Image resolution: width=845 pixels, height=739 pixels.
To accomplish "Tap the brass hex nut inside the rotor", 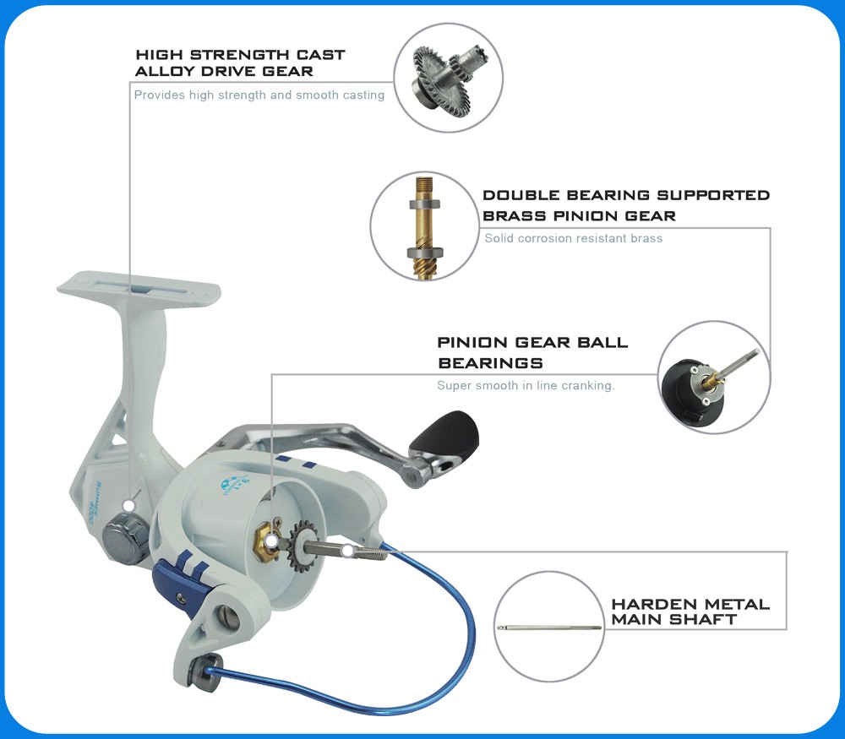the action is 264,542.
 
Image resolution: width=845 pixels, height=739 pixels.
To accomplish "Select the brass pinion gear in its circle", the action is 425,226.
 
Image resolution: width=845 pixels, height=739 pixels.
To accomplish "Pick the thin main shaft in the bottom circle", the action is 549,628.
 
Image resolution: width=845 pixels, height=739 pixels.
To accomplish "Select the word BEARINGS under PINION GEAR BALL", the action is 490,363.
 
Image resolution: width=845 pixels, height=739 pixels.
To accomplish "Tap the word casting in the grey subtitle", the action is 363,95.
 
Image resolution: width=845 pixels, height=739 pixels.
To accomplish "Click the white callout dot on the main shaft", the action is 348,551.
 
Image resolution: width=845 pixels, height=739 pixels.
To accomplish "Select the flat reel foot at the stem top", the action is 139,289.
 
